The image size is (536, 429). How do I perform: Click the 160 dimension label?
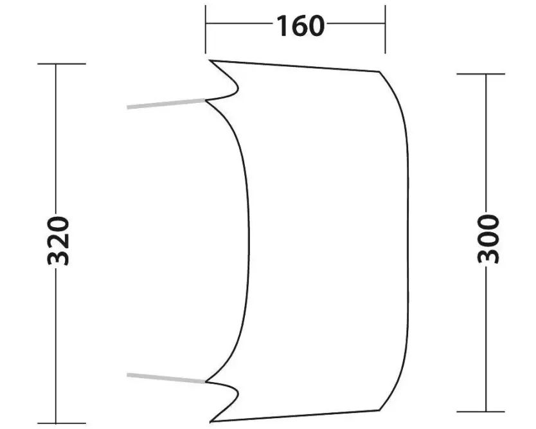click(300, 26)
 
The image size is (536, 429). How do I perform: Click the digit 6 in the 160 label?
click(300, 26)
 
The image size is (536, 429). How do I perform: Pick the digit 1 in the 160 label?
click(282, 26)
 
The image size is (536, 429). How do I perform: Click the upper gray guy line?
click(166, 104)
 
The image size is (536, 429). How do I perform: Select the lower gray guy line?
click(166, 378)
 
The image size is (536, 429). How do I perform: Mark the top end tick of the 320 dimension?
click(62, 64)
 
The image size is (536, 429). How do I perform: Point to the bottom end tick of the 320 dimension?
click(62, 423)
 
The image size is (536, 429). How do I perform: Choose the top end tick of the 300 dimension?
click(480, 74)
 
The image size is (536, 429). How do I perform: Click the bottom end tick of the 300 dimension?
click(480, 410)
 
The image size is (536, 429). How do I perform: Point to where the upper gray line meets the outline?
click(206, 100)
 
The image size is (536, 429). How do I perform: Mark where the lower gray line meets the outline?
click(206, 381)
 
